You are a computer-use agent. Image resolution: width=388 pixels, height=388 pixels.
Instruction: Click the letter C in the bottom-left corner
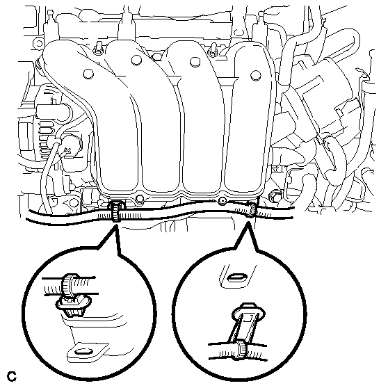pos(11,377)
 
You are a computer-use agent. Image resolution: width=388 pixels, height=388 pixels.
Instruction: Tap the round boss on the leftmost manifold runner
pos(88,74)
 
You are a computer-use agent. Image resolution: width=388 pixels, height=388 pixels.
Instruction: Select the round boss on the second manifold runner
pos(136,60)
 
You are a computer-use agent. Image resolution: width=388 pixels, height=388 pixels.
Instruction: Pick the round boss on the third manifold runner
pos(195,62)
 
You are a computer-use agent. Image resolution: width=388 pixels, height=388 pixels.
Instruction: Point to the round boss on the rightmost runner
pos(255,75)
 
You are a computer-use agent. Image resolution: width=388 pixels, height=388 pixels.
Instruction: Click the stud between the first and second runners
pos(98,48)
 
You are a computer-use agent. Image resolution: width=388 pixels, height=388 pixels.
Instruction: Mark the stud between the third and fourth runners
pos(213,50)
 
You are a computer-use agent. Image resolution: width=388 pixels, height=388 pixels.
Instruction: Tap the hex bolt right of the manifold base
pos(275,195)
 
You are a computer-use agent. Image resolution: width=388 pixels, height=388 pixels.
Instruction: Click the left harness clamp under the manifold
pos(115,211)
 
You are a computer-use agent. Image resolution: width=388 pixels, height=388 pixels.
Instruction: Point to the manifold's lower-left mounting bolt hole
pos(140,198)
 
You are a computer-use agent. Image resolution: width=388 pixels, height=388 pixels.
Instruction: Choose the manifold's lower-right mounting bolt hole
pos(222,201)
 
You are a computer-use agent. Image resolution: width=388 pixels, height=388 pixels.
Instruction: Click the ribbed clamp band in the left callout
pos(67,286)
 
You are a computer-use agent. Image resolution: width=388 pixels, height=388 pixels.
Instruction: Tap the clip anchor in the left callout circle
pos(73,306)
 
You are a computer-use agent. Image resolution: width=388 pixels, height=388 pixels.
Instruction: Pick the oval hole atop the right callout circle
pos(238,277)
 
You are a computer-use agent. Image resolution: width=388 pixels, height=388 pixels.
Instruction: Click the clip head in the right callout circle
pos(248,314)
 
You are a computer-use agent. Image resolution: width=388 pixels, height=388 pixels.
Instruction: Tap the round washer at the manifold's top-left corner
pos(38,44)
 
